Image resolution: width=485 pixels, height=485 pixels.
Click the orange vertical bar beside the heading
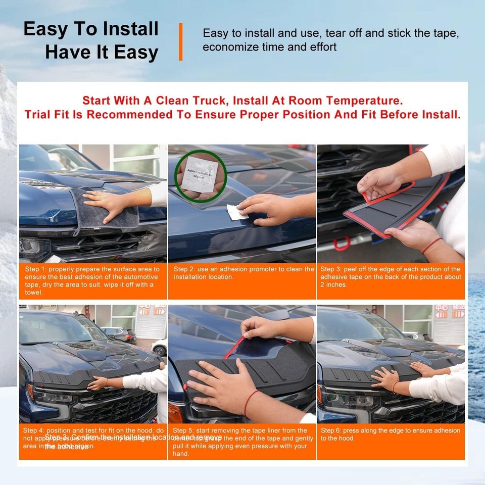pyautogui.click(x=180, y=41)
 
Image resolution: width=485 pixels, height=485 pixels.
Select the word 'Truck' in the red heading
pyautogui.click(x=234, y=100)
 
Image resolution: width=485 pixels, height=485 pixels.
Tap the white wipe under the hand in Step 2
pyautogui.click(x=234, y=212)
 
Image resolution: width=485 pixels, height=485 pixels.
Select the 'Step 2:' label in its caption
pyautogui.click(x=185, y=269)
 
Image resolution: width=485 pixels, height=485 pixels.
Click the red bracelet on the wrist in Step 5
pyautogui.click(x=251, y=402)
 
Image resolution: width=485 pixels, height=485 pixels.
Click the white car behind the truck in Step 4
pyautogui.click(x=160, y=347)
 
